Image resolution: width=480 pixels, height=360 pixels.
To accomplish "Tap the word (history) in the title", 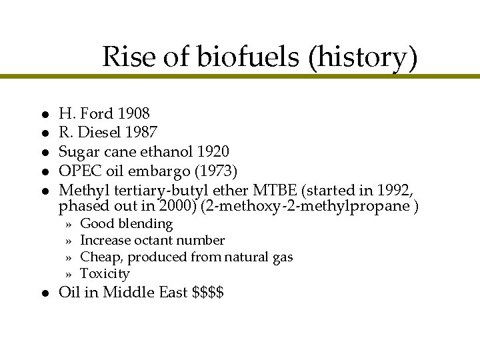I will (363, 59).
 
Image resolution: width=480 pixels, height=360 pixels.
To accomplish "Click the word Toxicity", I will (105, 273).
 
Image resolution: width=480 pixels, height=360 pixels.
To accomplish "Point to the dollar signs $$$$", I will (207, 292).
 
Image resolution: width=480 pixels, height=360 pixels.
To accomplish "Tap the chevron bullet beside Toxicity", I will (68, 274).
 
